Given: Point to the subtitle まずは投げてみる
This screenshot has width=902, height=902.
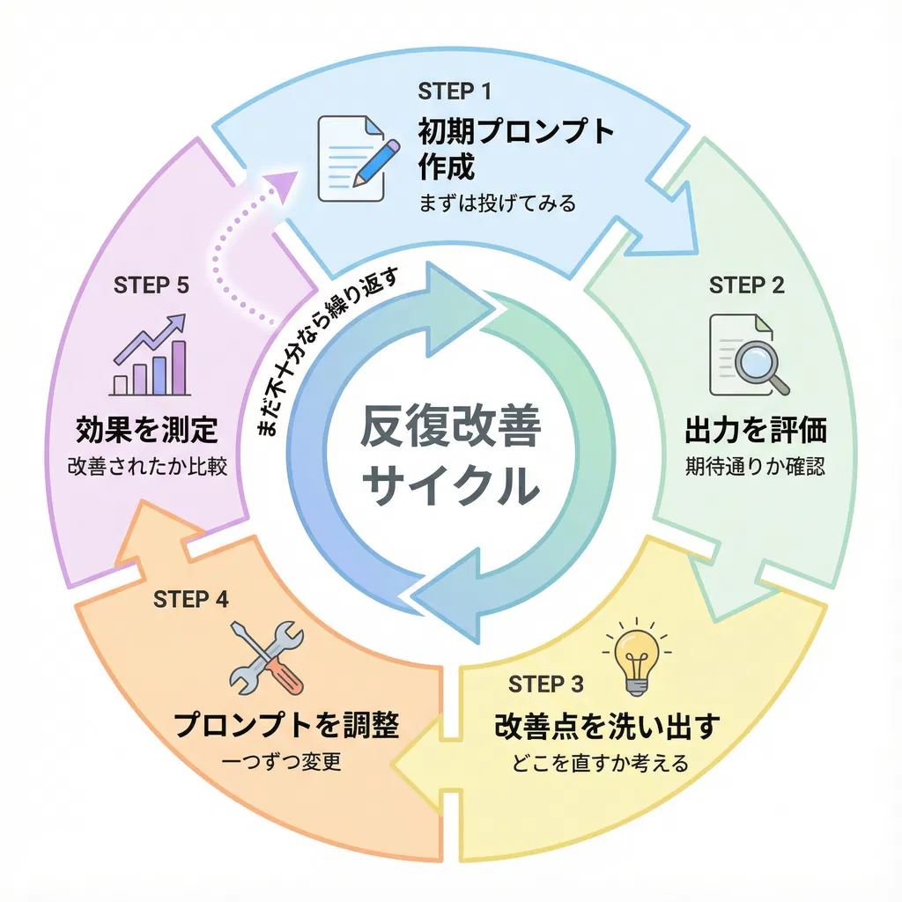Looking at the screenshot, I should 498,203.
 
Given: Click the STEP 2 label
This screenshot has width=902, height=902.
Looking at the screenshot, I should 746,285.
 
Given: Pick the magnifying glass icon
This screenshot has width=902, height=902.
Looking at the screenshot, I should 749,355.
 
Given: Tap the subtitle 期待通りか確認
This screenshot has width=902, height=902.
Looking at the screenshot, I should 755,467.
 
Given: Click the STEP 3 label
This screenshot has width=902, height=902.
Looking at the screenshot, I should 546,684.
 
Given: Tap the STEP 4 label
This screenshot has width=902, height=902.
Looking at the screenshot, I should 190,599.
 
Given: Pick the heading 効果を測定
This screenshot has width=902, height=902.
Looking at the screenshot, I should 147,432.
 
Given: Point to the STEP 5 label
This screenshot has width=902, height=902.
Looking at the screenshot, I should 151,285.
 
